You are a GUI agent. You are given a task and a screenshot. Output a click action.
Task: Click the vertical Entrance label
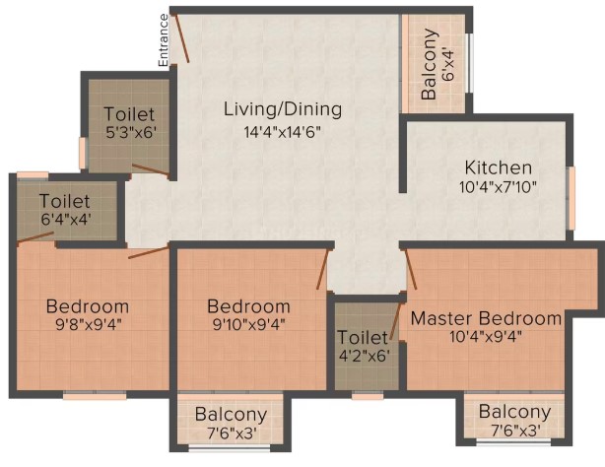pyautogui.click(x=164, y=40)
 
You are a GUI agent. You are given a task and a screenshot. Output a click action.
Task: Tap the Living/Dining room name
pyautogui.click(x=283, y=109)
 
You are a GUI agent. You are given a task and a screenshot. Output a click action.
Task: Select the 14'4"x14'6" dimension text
pyautogui.click(x=283, y=132)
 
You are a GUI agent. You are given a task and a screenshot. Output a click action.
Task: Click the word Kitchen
pyautogui.click(x=499, y=167)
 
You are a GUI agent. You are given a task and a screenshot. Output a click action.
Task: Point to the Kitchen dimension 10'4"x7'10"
pyautogui.click(x=498, y=187)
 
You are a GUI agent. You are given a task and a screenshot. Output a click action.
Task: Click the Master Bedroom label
pyautogui.click(x=486, y=318)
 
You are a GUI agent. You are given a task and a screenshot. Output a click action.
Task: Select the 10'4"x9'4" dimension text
pyautogui.click(x=486, y=337)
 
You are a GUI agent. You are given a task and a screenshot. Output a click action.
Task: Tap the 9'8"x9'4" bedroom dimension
pyautogui.click(x=89, y=324)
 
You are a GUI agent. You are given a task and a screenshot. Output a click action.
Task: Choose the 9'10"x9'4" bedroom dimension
pyautogui.click(x=249, y=324)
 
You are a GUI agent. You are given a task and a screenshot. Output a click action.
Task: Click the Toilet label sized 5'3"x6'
pyautogui.click(x=130, y=114)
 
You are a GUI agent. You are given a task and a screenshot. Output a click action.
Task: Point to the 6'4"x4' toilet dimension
pyautogui.click(x=66, y=220)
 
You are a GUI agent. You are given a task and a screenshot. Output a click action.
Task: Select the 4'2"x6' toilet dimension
pyautogui.click(x=365, y=356)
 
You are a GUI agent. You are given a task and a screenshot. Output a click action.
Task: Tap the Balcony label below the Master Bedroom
pyautogui.click(x=515, y=412)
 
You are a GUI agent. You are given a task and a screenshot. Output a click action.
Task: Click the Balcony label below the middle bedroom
pyautogui.click(x=232, y=414)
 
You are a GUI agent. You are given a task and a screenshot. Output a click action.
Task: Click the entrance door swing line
pyautogui.click(x=180, y=37)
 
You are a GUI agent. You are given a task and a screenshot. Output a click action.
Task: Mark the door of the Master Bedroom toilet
pyautogui.click(x=396, y=321)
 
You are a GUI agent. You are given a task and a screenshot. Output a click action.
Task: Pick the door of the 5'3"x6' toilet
pyautogui.click(x=151, y=171)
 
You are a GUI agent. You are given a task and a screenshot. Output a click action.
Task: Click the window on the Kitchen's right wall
pyautogui.click(x=571, y=198)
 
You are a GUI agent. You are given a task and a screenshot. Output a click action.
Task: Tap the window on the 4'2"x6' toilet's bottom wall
pyautogui.click(x=368, y=395)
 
